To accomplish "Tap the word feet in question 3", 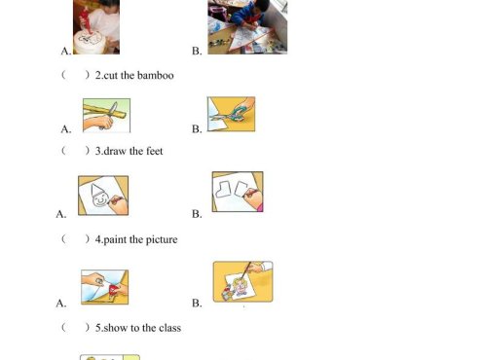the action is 155,151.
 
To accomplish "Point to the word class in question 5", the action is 169,328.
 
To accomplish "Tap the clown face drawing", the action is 99,196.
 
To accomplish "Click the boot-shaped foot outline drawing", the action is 223,190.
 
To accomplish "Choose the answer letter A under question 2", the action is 66,129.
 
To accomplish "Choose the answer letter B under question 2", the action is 197,129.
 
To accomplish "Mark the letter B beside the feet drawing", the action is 197,214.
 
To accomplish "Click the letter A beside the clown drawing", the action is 61,214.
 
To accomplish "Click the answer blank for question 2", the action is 75,75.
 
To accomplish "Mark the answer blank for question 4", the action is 75,239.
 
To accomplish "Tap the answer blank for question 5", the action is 75,328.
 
